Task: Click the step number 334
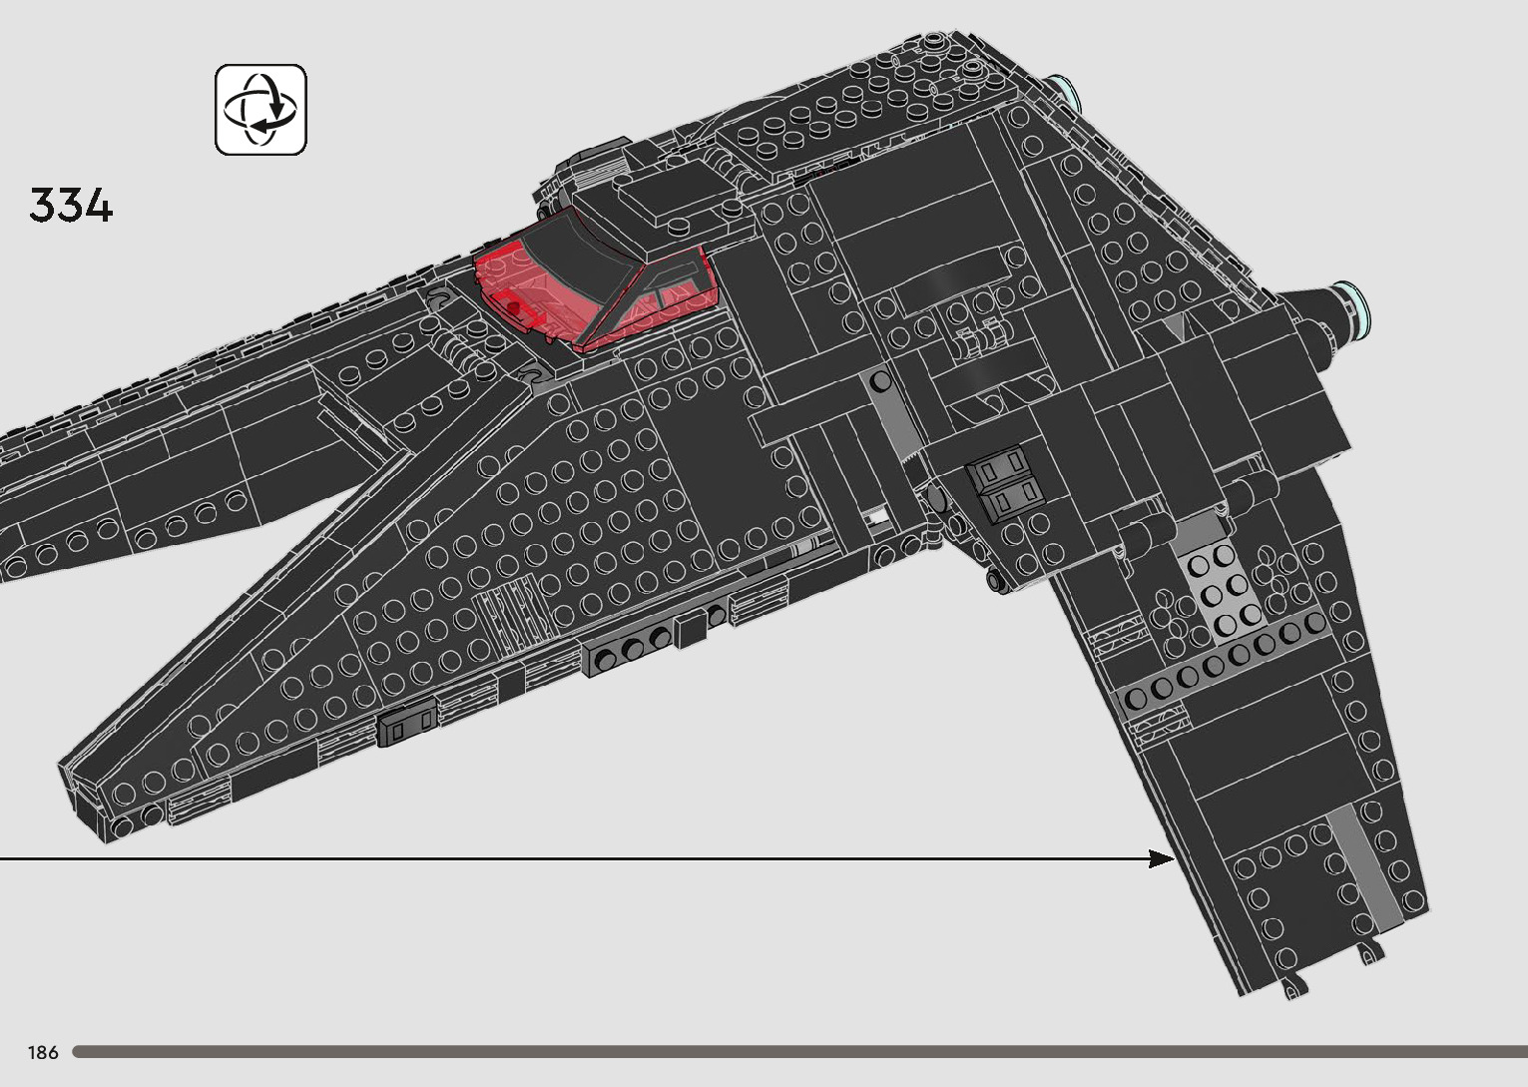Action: click(x=71, y=206)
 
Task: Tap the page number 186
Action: click(x=43, y=1052)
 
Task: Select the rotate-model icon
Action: click(x=260, y=110)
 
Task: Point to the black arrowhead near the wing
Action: click(x=1162, y=858)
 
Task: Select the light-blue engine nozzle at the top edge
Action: click(x=1068, y=93)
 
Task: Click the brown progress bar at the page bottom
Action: click(x=798, y=1052)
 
